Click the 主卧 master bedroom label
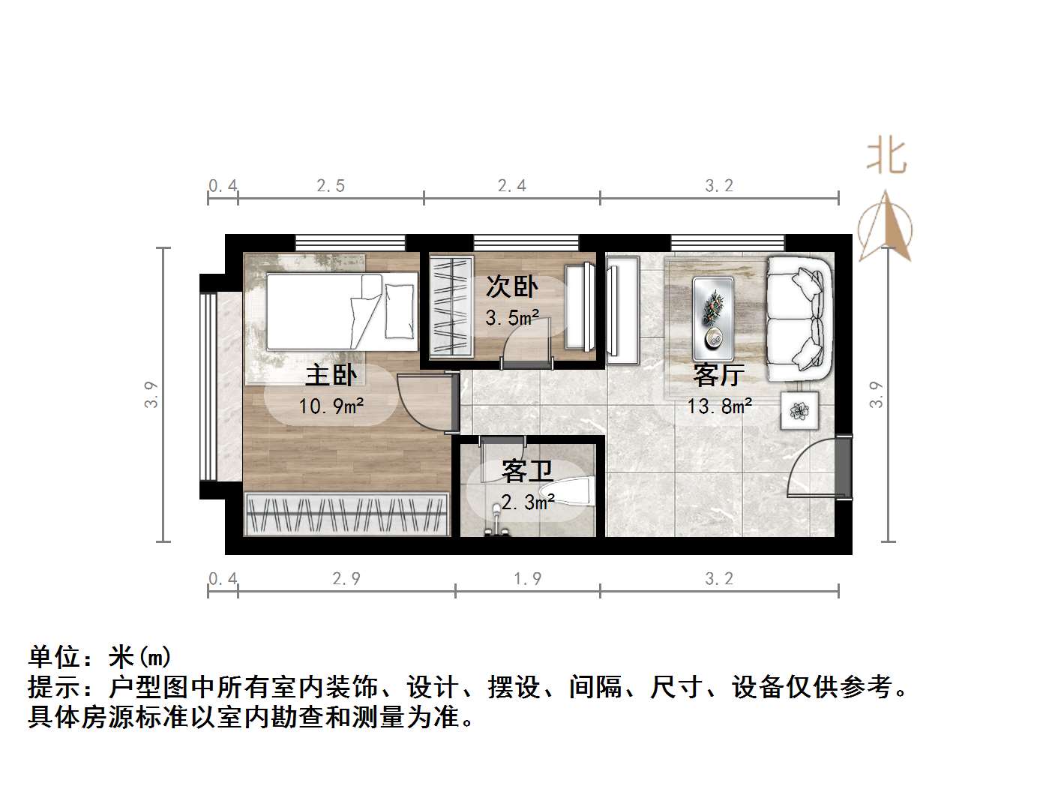coord(331,375)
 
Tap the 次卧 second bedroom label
coord(511,286)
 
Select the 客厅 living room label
coord(718,374)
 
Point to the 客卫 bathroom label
coord(527,471)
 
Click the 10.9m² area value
coord(331,406)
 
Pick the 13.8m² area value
coord(719,406)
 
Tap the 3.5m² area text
coord(512,318)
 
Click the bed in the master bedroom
coord(341,311)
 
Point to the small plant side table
coord(799,410)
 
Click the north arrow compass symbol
coord(886,225)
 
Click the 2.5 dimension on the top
coord(331,185)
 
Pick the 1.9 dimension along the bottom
coord(527,579)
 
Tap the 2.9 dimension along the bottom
coord(346,579)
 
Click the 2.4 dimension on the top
coord(512,185)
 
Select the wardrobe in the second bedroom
coord(451,306)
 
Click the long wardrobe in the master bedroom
coord(347,514)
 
